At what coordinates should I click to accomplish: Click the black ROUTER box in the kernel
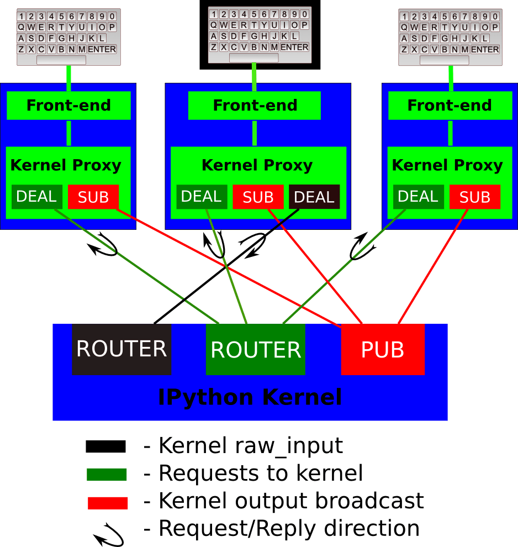pyautogui.click(x=121, y=349)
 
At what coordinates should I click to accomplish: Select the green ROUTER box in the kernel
pyautogui.click(x=256, y=349)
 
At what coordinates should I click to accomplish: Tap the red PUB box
pyautogui.click(x=383, y=349)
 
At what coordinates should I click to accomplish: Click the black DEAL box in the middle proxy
pyautogui.click(x=314, y=197)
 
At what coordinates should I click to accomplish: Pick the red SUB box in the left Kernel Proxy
pyautogui.click(x=93, y=197)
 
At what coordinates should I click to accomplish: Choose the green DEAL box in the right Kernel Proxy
pyautogui.click(x=418, y=197)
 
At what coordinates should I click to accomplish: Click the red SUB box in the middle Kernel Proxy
pyautogui.click(x=258, y=197)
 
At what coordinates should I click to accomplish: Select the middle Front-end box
pyautogui.click(x=255, y=106)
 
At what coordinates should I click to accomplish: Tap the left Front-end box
pyautogui.click(x=68, y=106)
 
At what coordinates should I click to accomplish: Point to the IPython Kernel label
pyautogui.click(x=250, y=397)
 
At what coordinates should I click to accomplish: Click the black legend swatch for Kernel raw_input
pyautogui.click(x=105, y=446)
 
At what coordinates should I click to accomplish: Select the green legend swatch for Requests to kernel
pyautogui.click(x=107, y=475)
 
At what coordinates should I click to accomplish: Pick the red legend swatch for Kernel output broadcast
pyautogui.click(x=107, y=503)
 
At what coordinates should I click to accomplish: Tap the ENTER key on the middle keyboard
pyautogui.click(x=294, y=47)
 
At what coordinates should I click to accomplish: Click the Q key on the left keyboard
pyautogui.click(x=22, y=27)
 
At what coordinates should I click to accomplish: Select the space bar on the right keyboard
pyautogui.click(x=444, y=60)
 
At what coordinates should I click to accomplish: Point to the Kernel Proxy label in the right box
pyautogui.click(x=447, y=165)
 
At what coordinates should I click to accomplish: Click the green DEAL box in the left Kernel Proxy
pyautogui.click(x=37, y=197)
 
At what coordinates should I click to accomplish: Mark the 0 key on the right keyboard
pyautogui.click(x=495, y=17)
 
